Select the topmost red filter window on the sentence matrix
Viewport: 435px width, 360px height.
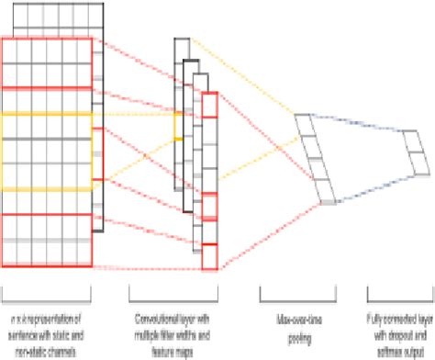point(46,62)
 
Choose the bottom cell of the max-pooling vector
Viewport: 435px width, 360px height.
point(320,191)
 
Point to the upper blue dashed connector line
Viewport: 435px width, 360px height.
point(358,123)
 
